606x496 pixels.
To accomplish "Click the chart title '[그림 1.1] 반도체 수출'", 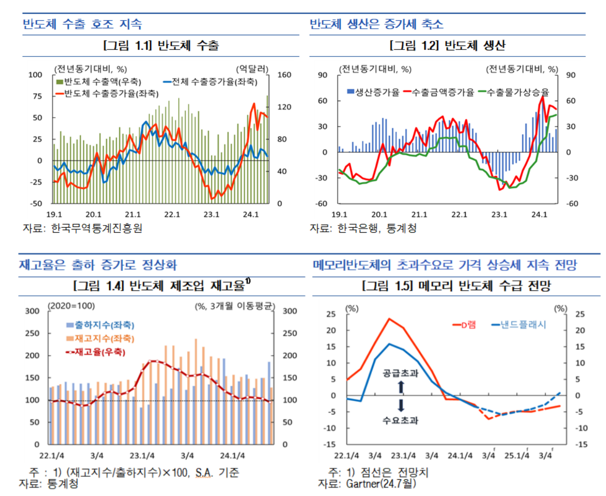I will (x=161, y=46).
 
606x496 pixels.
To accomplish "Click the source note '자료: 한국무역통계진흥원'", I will (x=83, y=228).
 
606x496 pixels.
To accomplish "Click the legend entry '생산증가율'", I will (x=374, y=92).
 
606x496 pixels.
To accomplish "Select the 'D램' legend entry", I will (x=467, y=324).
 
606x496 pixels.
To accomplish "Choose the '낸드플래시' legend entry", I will (x=522, y=324).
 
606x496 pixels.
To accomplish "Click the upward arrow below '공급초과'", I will (x=401, y=387).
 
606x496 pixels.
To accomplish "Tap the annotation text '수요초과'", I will (x=401, y=419).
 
